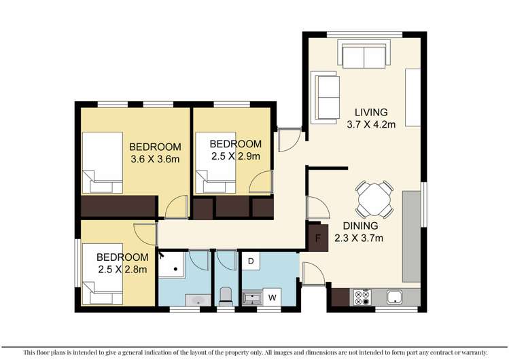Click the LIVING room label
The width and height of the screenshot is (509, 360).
(370, 111)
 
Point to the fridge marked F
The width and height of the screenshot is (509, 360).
(317, 238)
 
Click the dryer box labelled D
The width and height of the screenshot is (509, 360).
(251, 261)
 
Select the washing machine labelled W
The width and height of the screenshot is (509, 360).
(274, 296)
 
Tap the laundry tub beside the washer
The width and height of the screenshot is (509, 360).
(251, 297)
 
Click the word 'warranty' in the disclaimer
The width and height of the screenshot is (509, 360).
(468, 353)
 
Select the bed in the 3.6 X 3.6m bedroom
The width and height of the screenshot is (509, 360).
(103, 164)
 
